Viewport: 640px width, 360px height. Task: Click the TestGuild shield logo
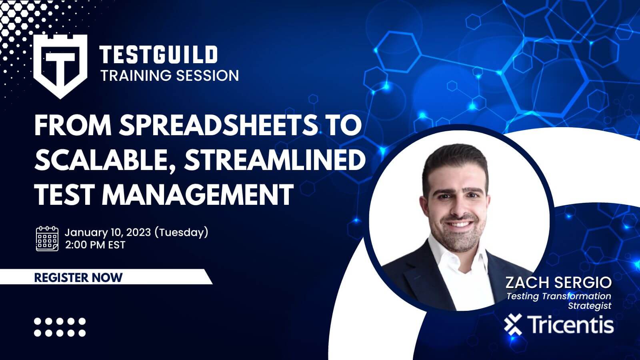pyautogui.click(x=60, y=66)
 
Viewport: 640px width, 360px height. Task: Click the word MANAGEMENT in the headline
pyautogui.click(x=198, y=194)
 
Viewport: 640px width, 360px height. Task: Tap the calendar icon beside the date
pyautogui.click(x=47, y=238)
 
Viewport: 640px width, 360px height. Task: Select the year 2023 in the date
pyautogui.click(x=138, y=232)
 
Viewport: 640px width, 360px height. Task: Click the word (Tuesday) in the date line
pyautogui.click(x=182, y=232)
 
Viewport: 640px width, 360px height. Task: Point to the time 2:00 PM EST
pyautogui.click(x=95, y=245)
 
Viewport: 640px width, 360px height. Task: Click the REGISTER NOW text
pyautogui.click(x=78, y=278)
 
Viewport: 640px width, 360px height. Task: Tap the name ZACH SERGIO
pyautogui.click(x=558, y=282)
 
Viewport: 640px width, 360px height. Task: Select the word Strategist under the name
pyautogui.click(x=590, y=306)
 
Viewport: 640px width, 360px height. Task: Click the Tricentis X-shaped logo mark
pyautogui.click(x=513, y=324)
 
